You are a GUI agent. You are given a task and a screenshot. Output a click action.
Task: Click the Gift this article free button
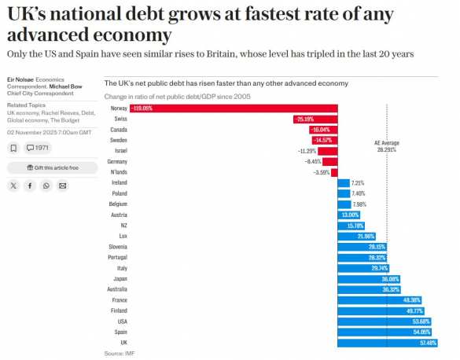52,167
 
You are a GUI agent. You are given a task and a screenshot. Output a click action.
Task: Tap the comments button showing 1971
38,148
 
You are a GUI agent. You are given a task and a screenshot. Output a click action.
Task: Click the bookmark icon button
13,148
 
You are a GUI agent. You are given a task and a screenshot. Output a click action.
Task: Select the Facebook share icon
30,186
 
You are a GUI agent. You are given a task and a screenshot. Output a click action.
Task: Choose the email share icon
63,186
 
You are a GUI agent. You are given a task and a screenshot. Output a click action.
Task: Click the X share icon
13,186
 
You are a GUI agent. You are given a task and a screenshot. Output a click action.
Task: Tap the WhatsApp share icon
46,186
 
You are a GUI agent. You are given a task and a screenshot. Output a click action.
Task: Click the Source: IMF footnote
120,354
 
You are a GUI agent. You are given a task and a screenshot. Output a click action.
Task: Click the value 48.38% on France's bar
410,300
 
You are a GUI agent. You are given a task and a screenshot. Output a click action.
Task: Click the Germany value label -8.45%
314,161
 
